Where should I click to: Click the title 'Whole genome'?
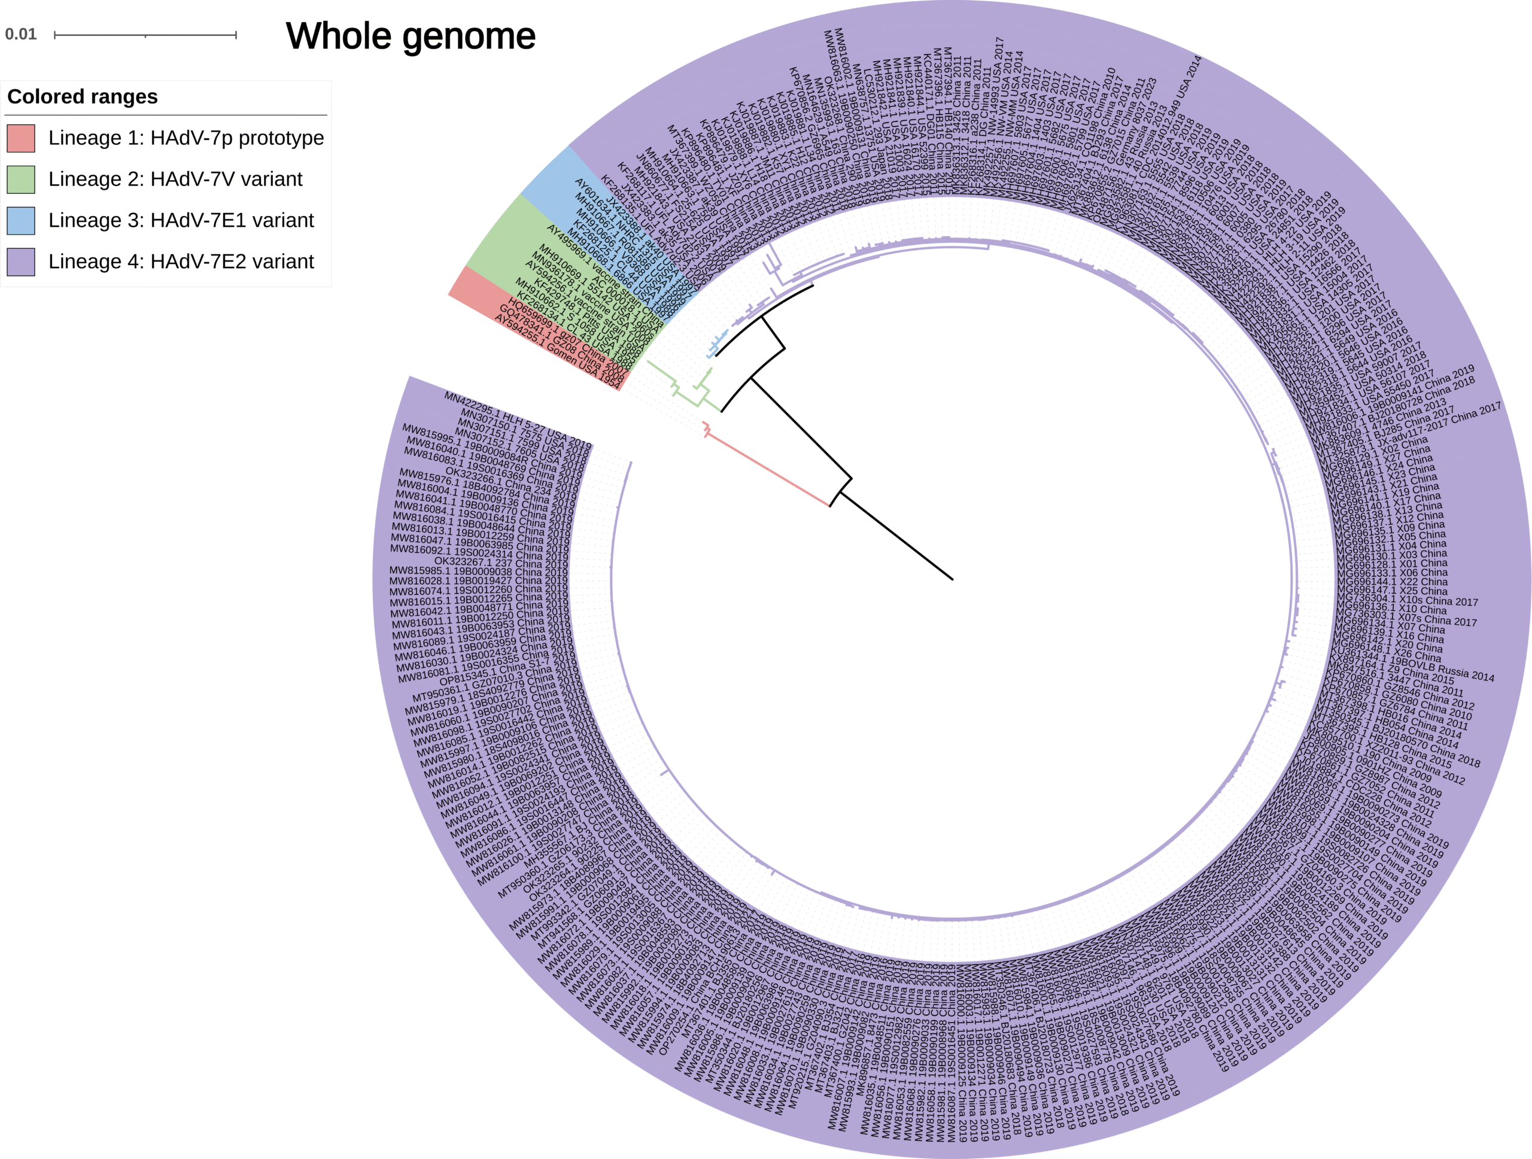(x=410, y=36)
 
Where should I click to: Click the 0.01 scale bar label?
(x=21, y=35)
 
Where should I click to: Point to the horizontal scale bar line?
(x=145, y=35)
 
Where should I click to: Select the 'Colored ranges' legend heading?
(x=83, y=96)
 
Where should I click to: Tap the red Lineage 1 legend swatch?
(x=21, y=138)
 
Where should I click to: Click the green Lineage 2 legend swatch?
(x=21, y=180)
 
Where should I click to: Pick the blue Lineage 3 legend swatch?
(x=21, y=220)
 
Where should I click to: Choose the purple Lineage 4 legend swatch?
(x=21, y=261)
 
